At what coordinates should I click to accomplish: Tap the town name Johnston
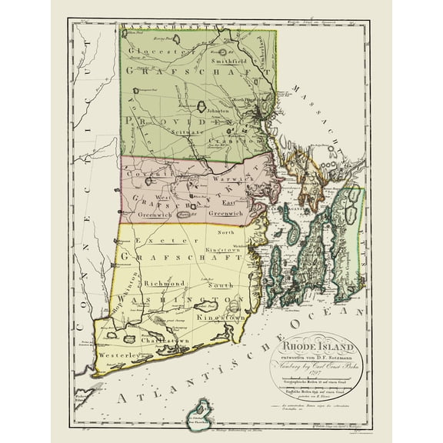pyautogui.click(x=227, y=110)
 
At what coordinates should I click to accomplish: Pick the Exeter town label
pyautogui.click(x=145, y=241)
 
